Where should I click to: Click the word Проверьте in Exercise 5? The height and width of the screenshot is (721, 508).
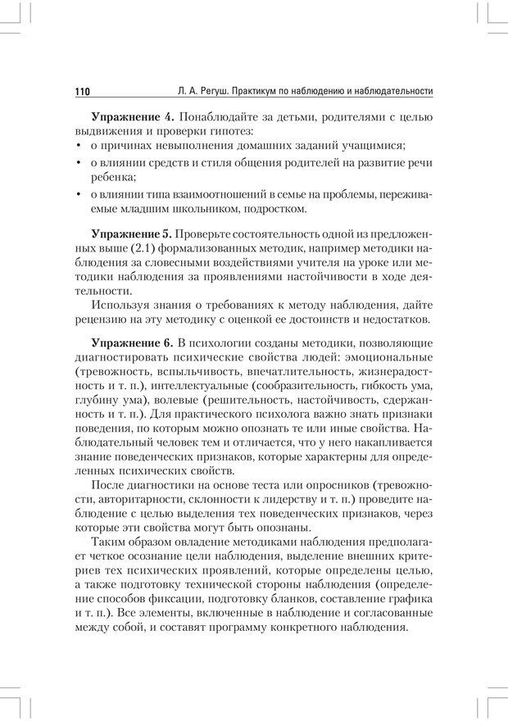(x=201, y=233)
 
